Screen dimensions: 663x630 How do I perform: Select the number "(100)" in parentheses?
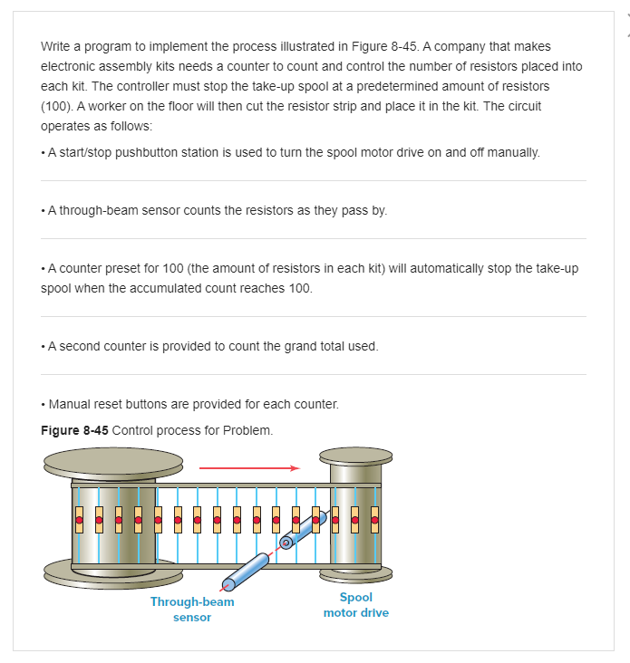58,106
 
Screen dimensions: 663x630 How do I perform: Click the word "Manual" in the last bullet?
70,404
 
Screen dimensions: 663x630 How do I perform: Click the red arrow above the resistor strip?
248,468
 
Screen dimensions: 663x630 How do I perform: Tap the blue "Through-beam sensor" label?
192,610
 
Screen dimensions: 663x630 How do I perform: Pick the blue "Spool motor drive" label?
355,605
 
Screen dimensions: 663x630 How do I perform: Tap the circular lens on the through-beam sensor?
286,543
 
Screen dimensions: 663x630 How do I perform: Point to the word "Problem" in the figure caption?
250,429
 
